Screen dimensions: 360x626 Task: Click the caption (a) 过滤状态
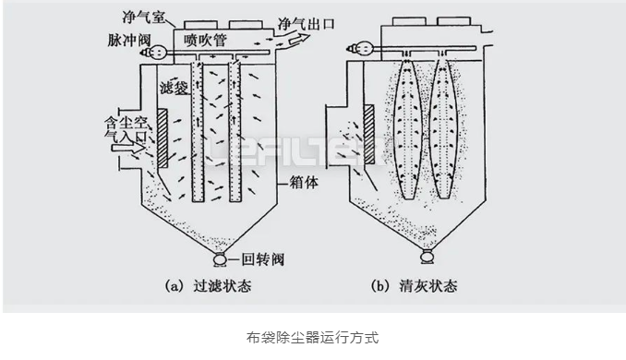[206, 287]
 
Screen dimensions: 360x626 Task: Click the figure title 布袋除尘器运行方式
[313, 338]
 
